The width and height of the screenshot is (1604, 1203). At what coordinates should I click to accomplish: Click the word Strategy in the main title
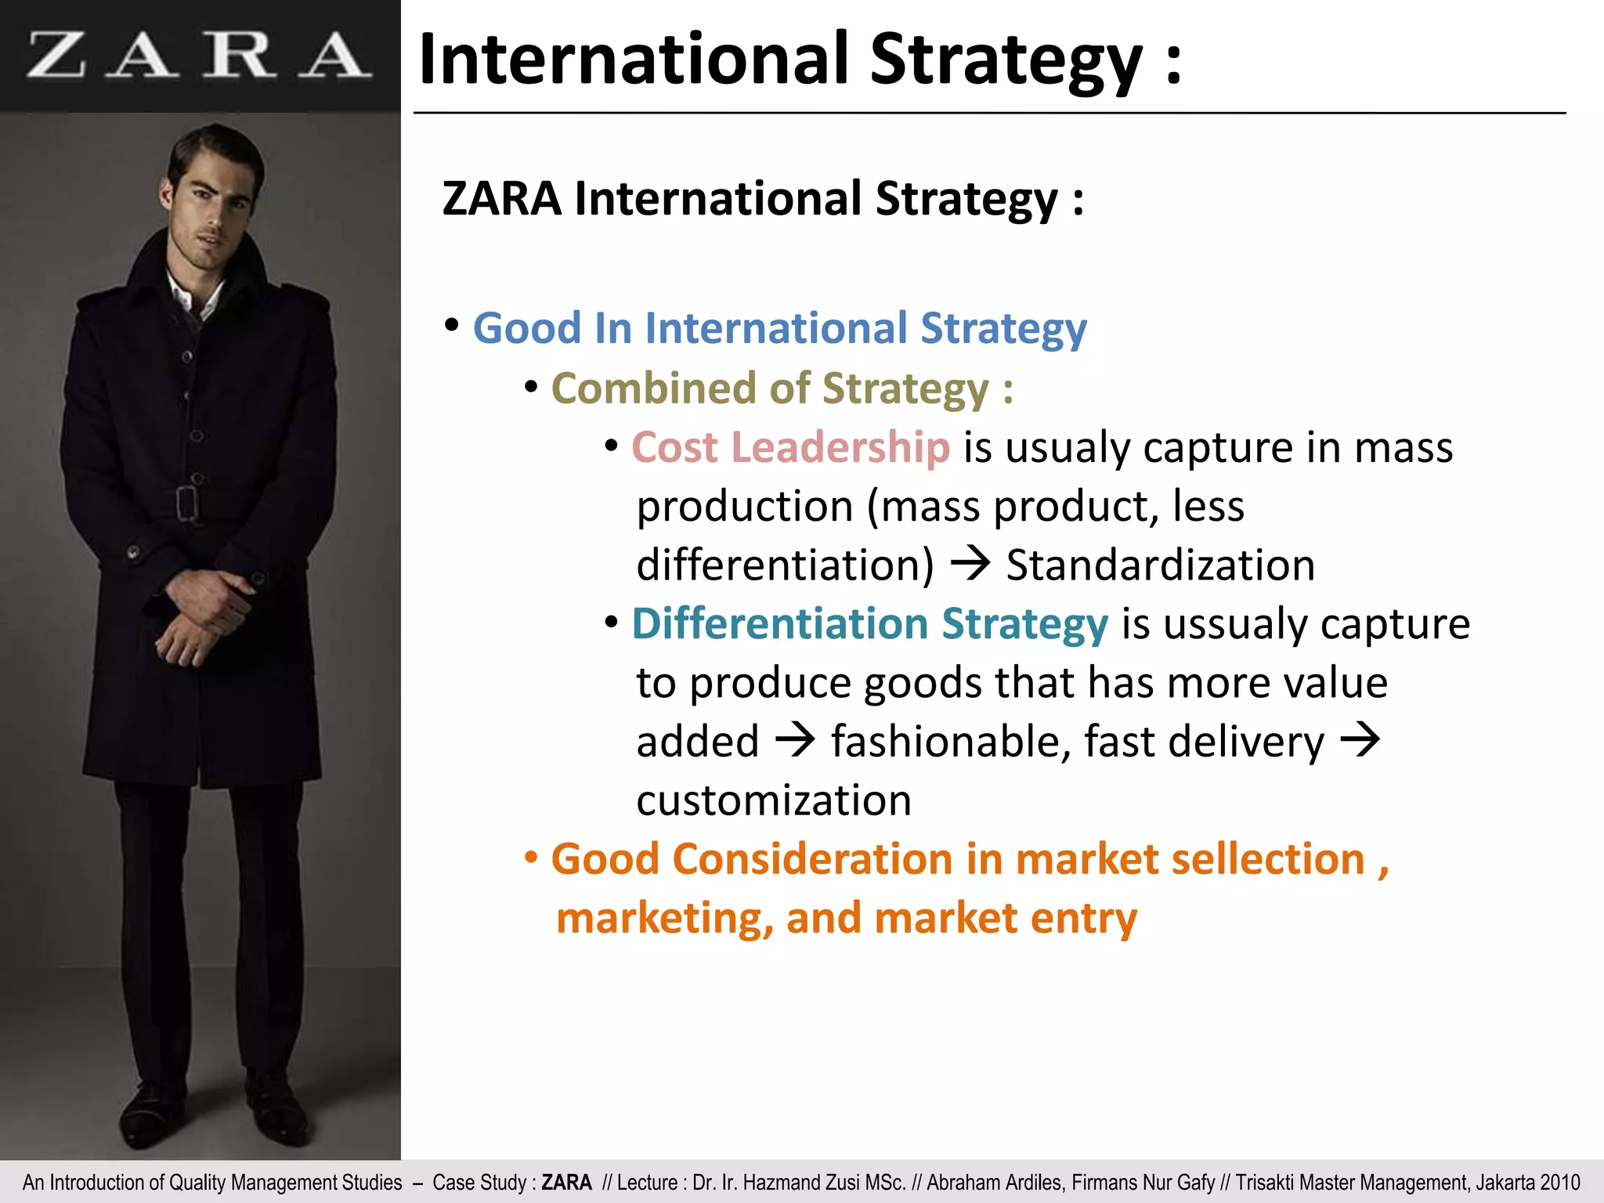point(1006,61)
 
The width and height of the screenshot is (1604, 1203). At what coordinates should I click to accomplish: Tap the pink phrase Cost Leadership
point(790,448)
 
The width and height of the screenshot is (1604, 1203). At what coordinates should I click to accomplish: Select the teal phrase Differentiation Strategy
point(870,624)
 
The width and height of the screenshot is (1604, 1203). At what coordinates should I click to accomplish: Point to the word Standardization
point(1160,565)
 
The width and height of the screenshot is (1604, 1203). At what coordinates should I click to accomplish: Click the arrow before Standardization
point(970,564)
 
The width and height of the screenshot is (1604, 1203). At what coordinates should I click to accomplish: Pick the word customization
point(774,800)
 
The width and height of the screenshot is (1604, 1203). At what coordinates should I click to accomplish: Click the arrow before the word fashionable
point(795,741)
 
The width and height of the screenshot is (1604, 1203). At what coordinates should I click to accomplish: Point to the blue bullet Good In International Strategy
point(779,328)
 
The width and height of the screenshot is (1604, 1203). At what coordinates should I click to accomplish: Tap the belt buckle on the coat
point(187,503)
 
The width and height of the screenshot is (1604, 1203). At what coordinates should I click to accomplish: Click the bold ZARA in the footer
point(566,1183)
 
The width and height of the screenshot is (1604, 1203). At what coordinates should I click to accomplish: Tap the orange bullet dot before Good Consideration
point(531,858)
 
